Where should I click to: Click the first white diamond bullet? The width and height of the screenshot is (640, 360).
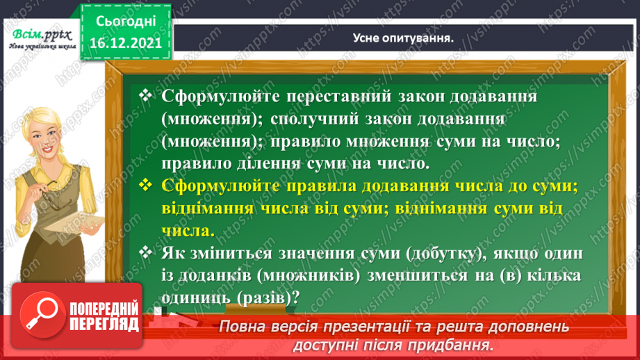[x=145, y=95]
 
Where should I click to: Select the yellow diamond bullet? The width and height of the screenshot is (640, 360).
[x=145, y=185]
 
